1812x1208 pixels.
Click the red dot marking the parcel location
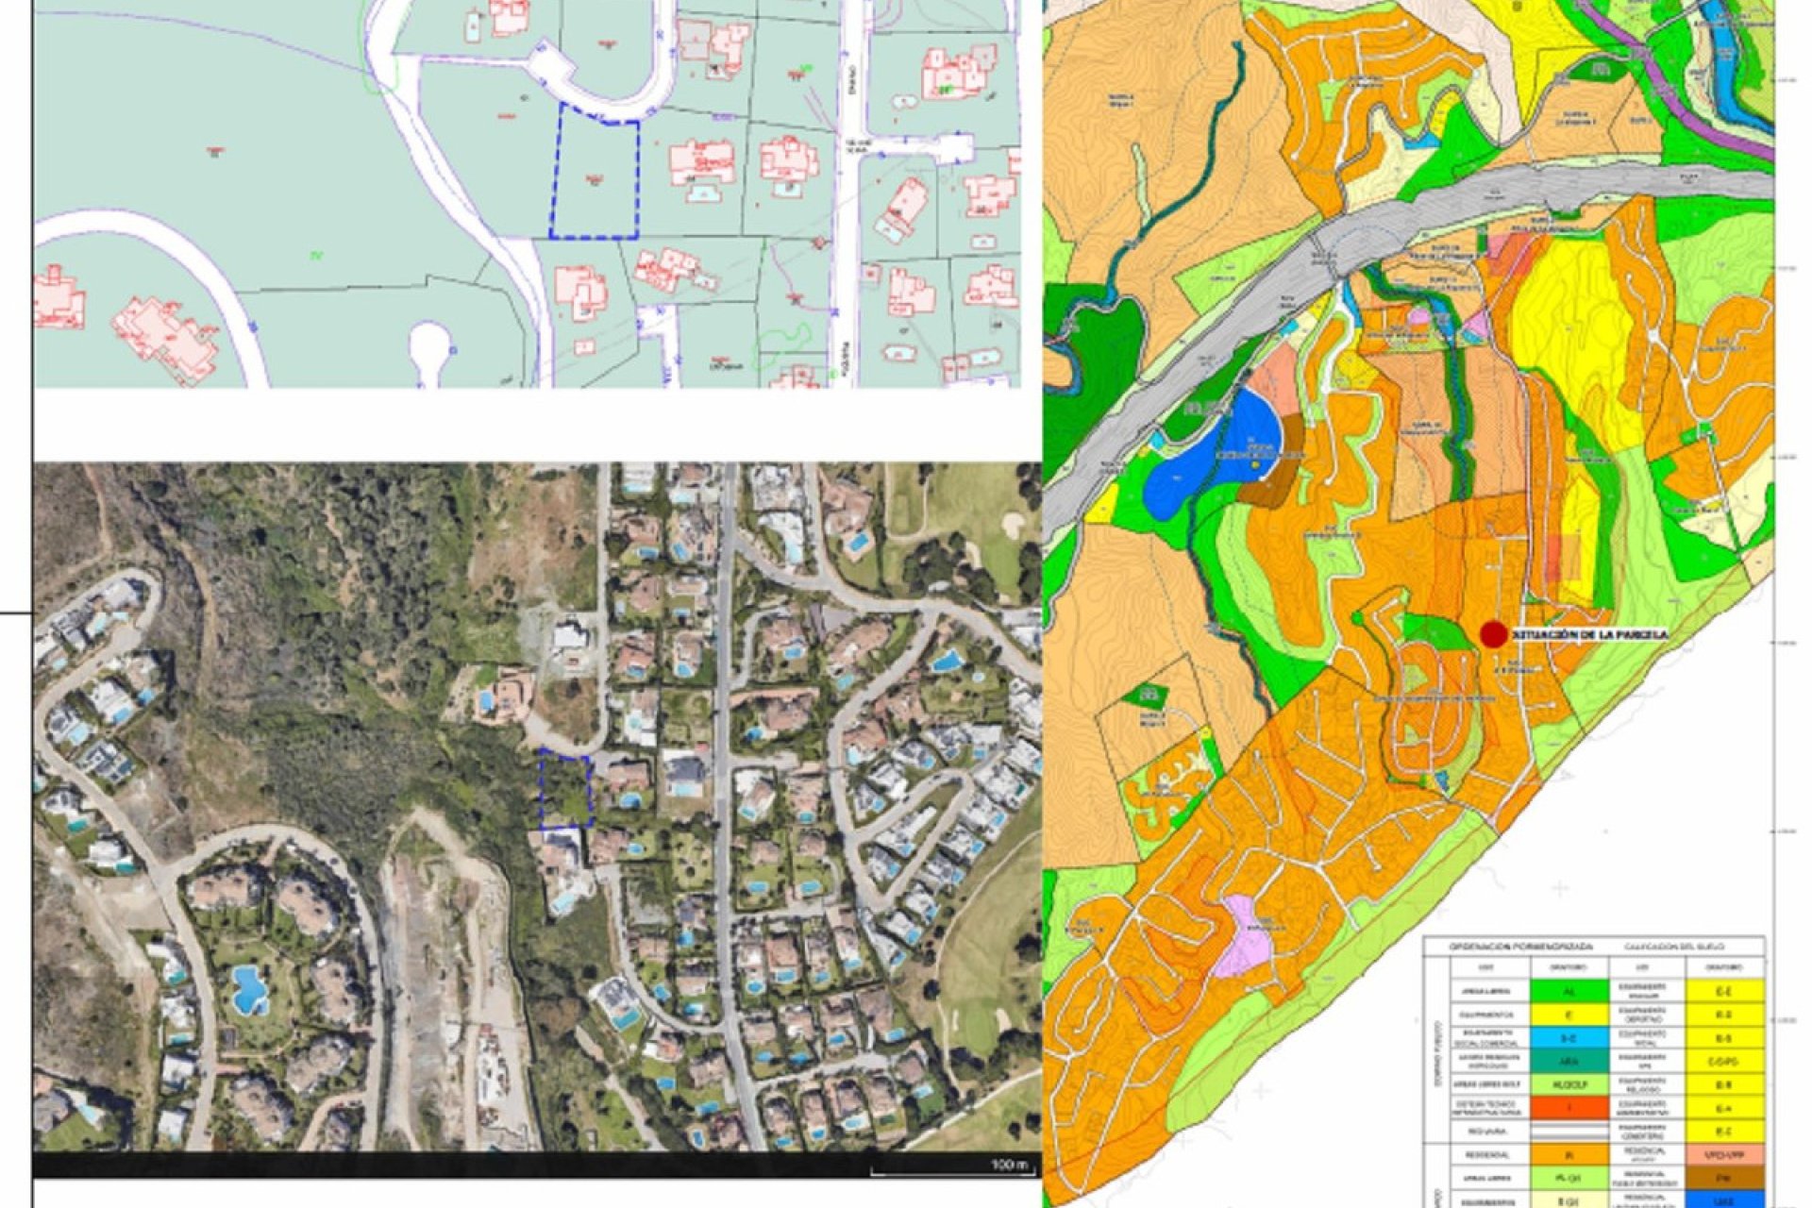coord(1492,635)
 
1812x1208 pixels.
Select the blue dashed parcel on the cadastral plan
coord(595,176)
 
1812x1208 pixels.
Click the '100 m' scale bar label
coord(1009,1165)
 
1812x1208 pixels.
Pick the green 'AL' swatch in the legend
coord(1569,992)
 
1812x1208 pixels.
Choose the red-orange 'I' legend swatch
coord(1569,1108)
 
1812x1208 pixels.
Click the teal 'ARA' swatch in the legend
coord(1569,1062)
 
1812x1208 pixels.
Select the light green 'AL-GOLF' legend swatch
coord(1569,1085)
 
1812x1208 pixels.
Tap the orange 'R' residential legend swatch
coord(1569,1155)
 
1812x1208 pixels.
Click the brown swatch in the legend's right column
coord(1725,1178)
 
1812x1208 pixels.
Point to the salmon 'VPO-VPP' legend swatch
coord(1725,1155)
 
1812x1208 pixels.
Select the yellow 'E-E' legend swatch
coord(1725,992)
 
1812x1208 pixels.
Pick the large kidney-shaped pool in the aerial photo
coord(249,989)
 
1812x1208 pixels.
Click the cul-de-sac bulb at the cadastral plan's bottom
coord(429,344)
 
